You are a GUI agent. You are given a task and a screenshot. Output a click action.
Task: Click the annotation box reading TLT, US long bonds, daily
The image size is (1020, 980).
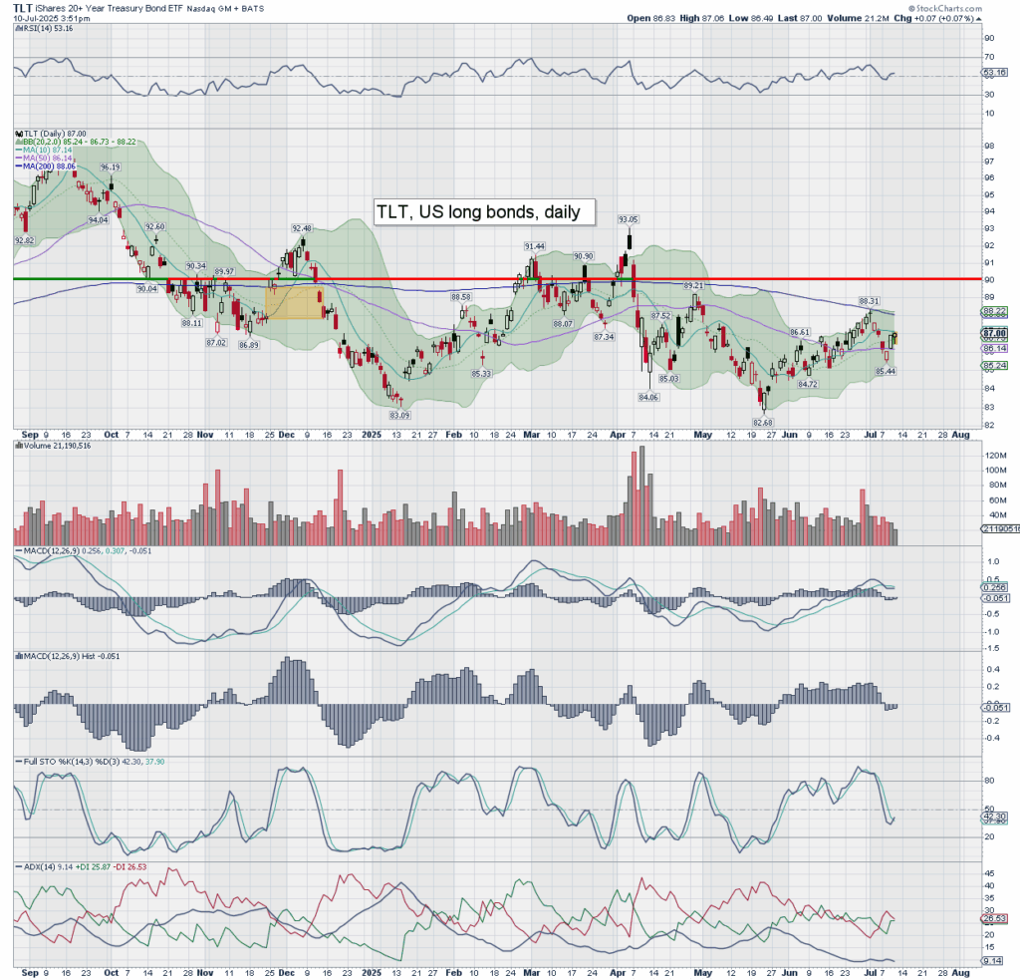[x=483, y=212]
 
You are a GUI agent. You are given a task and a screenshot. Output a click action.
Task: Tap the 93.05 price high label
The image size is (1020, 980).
[x=628, y=219]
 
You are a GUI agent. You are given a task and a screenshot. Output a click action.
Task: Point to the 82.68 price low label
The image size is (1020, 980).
[x=764, y=423]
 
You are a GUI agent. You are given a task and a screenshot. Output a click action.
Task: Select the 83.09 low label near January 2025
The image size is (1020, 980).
[x=398, y=414]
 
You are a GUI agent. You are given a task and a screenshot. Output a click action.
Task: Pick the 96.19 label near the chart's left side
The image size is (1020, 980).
[x=110, y=167]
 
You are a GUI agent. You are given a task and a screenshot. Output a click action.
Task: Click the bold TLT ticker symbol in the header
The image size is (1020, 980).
[x=22, y=7]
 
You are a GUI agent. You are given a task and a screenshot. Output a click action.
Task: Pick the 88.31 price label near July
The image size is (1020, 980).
[x=869, y=300]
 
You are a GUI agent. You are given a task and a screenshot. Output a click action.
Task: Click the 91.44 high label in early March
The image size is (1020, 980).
[x=534, y=245]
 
